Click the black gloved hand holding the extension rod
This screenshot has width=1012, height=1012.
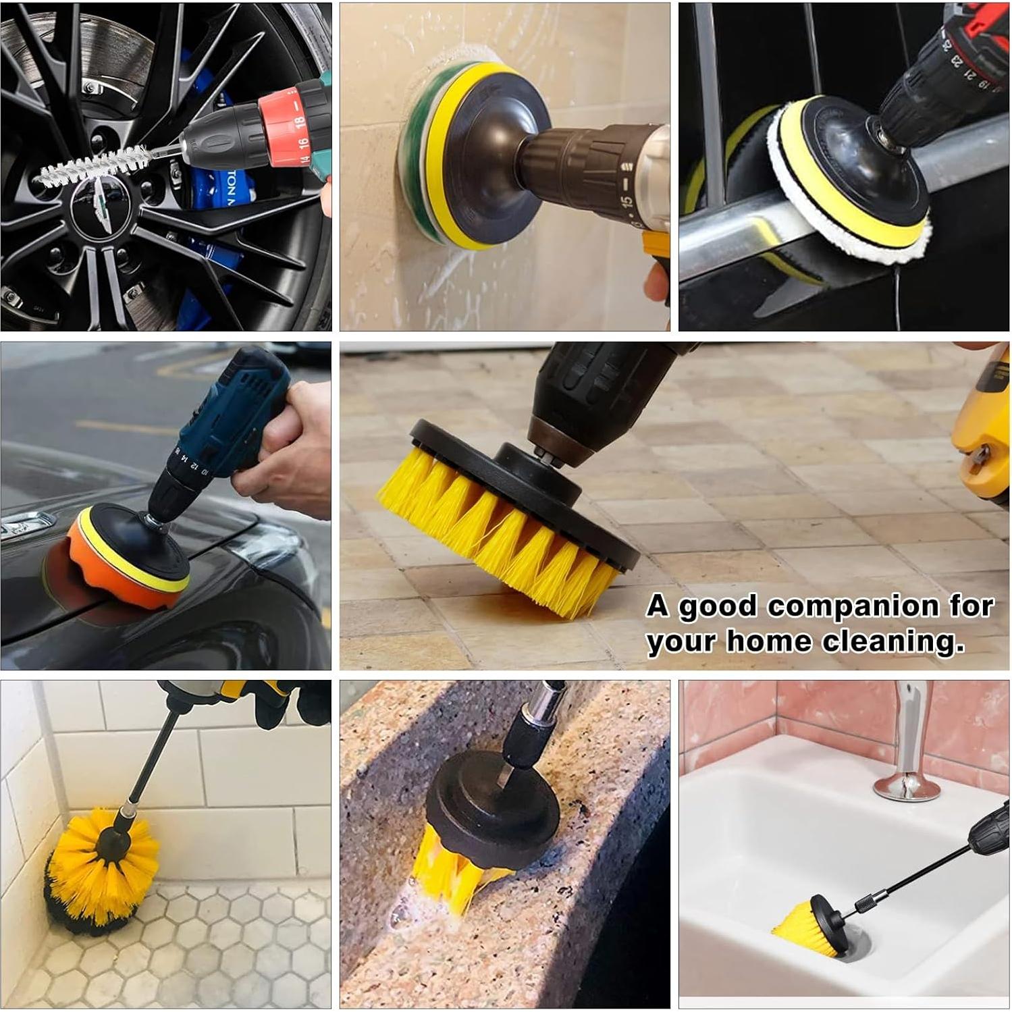pos(284,702)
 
